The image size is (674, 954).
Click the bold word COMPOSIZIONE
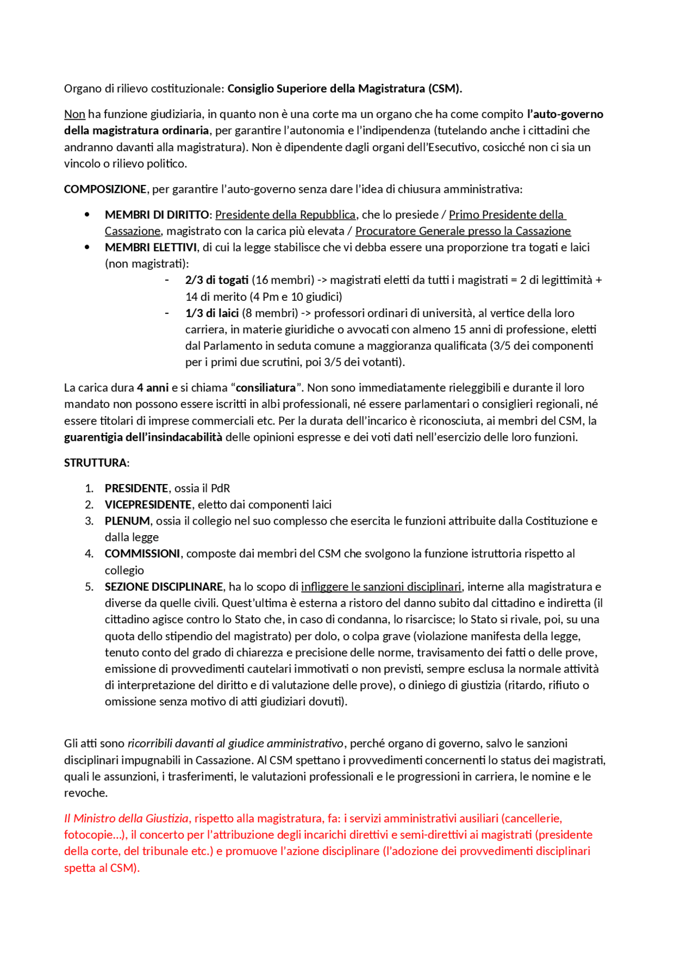tap(105, 189)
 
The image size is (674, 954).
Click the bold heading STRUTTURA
tap(95, 463)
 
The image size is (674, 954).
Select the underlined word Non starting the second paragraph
tap(74, 114)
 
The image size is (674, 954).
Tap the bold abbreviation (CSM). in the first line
tap(445, 88)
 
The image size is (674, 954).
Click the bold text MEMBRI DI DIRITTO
tap(157, 215)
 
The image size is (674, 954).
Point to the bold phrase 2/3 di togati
tap(216, 280)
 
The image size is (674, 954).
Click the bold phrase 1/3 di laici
tap(212, 313)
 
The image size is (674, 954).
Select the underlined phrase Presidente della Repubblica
tap(285, 215)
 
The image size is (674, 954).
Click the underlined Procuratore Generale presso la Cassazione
tap(463, 231)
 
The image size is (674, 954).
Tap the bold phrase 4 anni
tap(153, 388)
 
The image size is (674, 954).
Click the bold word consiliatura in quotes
tap(265, 388)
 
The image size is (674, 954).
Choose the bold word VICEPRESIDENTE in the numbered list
tap(148, 505)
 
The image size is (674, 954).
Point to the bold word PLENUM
tap(127, 521)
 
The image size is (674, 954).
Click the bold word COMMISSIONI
tap(142, 554)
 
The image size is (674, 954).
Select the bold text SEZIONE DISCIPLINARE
tap(164, 587)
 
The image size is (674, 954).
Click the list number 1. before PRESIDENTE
tap(89, 488)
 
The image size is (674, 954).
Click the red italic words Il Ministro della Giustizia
tap(126, 818)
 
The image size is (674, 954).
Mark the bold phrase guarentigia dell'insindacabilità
tap(143, 437)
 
